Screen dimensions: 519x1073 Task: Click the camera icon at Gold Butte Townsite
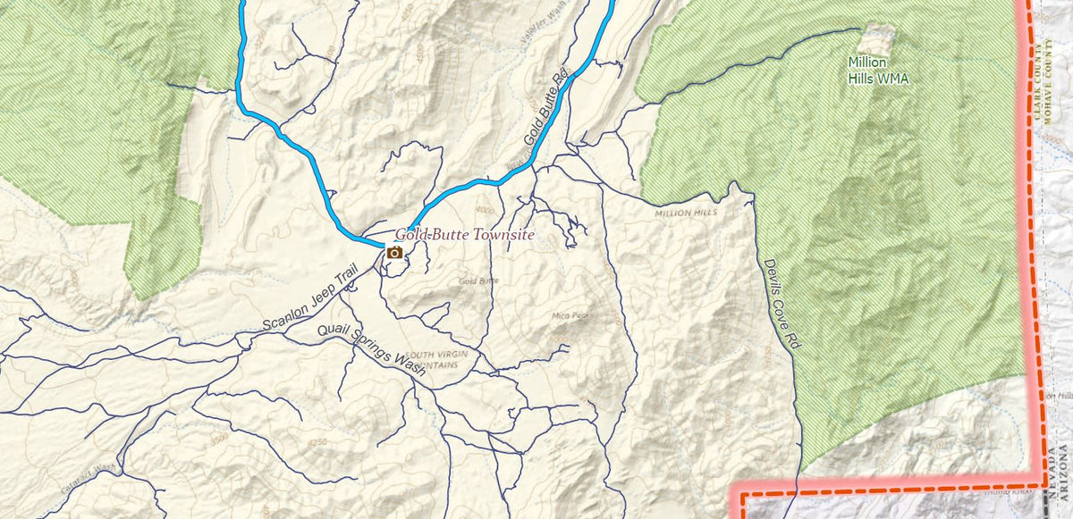[393, 253]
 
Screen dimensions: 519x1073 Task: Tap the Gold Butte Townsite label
[465, 235]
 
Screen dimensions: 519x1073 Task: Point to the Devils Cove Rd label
[780, 304]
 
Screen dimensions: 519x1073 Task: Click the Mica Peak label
[569, 316]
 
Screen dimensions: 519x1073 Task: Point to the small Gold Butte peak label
[478, 280]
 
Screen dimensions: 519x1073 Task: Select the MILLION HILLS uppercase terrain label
[686, 213]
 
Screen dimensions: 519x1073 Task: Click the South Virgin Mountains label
[437, 360]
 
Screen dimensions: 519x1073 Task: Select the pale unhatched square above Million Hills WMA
[876, 38]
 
